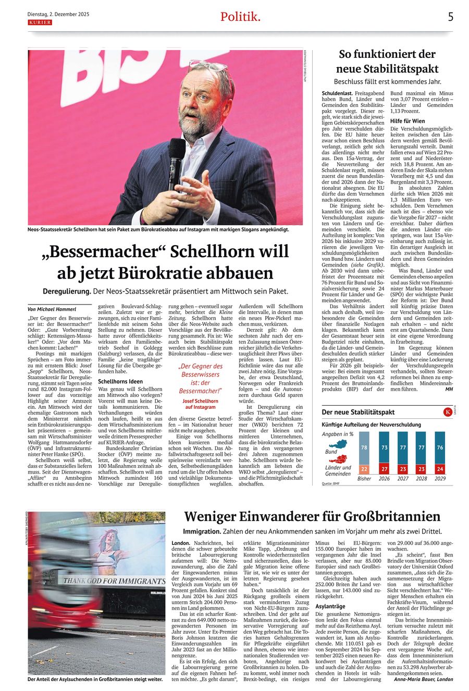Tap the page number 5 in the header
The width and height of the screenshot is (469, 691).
click(451, 17)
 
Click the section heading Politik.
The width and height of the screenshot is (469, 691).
click(240, 17)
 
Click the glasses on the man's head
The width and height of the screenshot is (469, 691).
click(208, 66)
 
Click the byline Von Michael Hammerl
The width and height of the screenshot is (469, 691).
click(52, 309)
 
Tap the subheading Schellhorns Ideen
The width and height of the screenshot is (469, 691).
click(120, 382)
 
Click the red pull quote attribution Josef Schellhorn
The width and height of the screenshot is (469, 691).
click(201, 401)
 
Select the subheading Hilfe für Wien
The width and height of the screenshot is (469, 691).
click(408, 121)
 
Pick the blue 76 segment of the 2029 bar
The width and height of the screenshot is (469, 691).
click(440, 447)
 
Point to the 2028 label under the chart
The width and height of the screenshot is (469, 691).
click(422, 479)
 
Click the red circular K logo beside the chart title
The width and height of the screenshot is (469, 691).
click(447, 412)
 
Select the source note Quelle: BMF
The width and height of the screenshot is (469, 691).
click(332, 483)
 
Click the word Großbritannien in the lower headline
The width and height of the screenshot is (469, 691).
click(384, 516)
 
